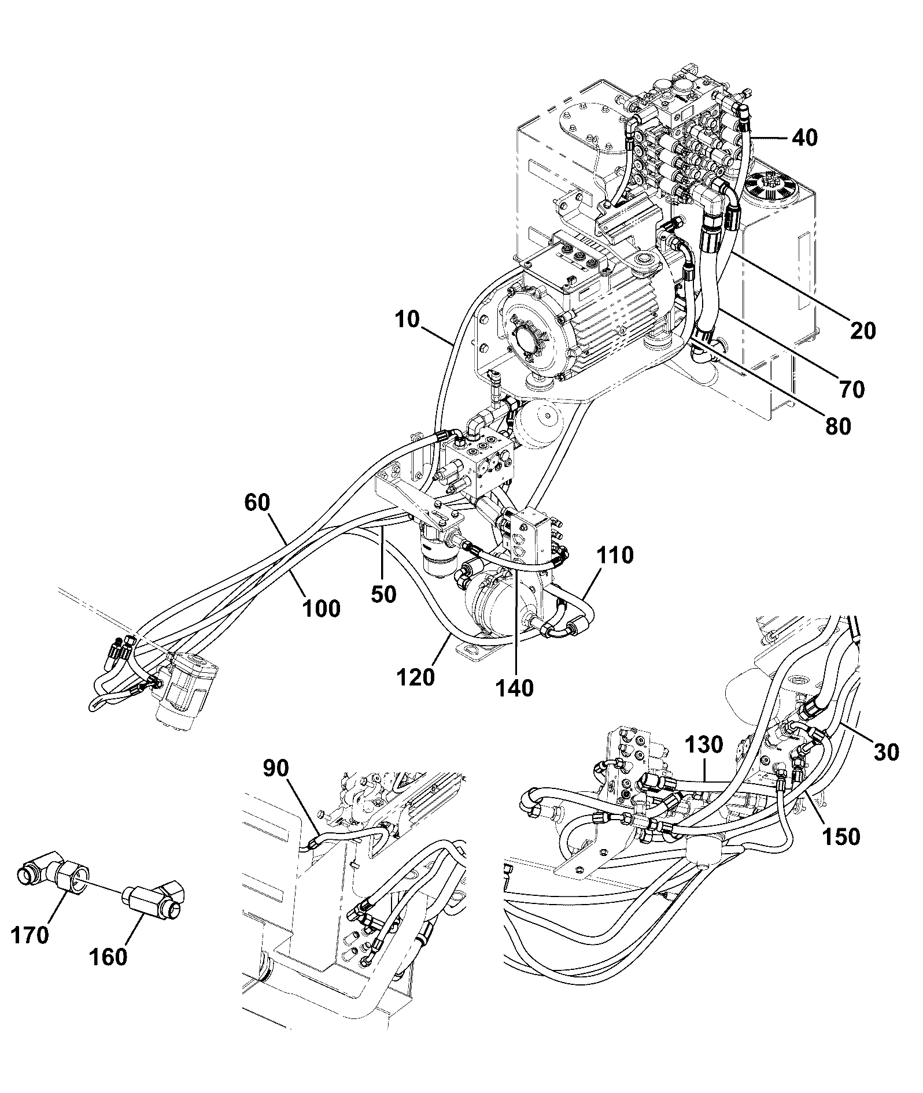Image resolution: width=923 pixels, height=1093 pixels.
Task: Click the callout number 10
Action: (x=408, y=320)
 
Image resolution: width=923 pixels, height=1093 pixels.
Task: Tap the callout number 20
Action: (x=863, y=330)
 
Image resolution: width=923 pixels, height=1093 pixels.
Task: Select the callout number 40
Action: (x=804, y=138)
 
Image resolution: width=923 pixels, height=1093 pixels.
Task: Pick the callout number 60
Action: (x=257, y=503)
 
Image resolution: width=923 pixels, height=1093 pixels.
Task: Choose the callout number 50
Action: (x=383, y=594)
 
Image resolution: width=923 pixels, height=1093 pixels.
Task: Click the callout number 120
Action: (x=416, y=677)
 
